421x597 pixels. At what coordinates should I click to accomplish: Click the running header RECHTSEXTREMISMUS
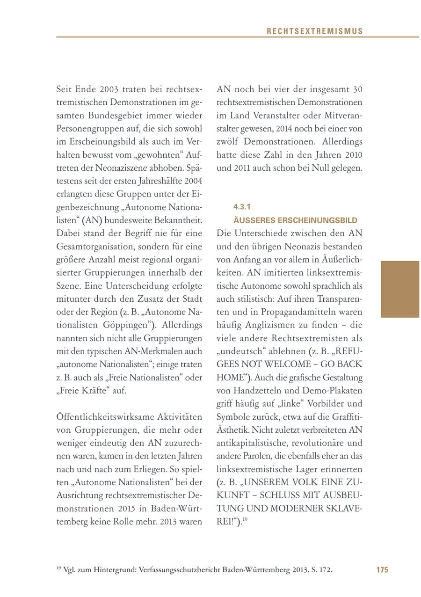click(x=314, y=31)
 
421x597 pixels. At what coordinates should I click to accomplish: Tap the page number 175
click(x=382, y=570)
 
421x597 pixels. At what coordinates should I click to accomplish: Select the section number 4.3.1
click(x=242, y=206)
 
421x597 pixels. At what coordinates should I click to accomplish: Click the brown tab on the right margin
click(x=400, y=289)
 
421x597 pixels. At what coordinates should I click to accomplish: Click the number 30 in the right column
click(x=357, y=89)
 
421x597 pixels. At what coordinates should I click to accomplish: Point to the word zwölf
click(x=229, y=141)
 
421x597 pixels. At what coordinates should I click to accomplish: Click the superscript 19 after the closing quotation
click(x=245, y=519)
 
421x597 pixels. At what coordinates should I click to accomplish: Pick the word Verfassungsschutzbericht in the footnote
click(x=180, y=570)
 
